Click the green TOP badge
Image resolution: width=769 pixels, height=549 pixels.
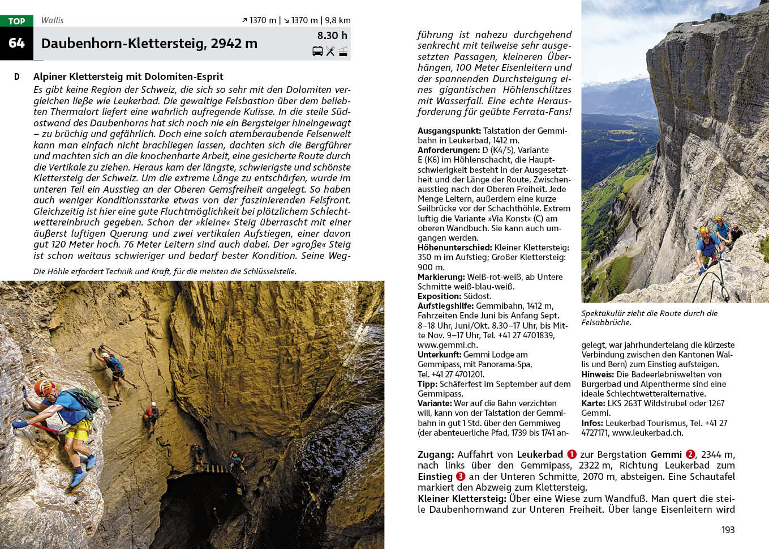pyautogui.click(x=16, y=21)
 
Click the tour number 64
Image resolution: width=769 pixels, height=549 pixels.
pyautogui.click(x=16, y=43)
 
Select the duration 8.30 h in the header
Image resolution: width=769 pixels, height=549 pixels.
pyautogui.click(x=332, y=36)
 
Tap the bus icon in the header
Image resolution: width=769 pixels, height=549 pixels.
pyautogui.click(x=317, y=52)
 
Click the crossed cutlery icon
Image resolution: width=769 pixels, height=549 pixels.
pyautogui.click(x=330, y=52)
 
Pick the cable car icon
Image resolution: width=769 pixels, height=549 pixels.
pyautogui.click(x=343, y=52)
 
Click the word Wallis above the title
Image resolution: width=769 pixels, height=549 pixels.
pyautogui.click(x=52, y=20)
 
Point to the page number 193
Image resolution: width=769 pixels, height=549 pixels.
pyautogui.click(x=728, y=530)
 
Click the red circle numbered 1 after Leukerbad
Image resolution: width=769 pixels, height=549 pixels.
pyautogui.click(x=572, y=454)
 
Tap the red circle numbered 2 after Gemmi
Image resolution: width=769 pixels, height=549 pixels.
pyautogui.click(x=690, y=454)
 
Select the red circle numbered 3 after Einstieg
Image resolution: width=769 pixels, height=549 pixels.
pyautogui.click(x=461, y=476)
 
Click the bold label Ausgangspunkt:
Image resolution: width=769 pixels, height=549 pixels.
pyautogui.click(x=449, y=131)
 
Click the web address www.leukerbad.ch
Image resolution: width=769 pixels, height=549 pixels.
pyautogui.click(x=647, y=433)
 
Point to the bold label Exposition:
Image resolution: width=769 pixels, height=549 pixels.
pyautogui.click(x=439, y=296)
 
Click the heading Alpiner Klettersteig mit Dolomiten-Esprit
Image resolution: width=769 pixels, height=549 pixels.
pyautogui.click(x=128, y=76)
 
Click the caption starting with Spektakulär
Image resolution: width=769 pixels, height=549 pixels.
pyautogui.click(x=649, y=318)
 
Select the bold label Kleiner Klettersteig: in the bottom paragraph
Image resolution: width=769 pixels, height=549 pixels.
pyautogui.click(x=462, y=499)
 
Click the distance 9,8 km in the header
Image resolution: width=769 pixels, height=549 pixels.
pyautogui.click(x=337, y=20)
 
